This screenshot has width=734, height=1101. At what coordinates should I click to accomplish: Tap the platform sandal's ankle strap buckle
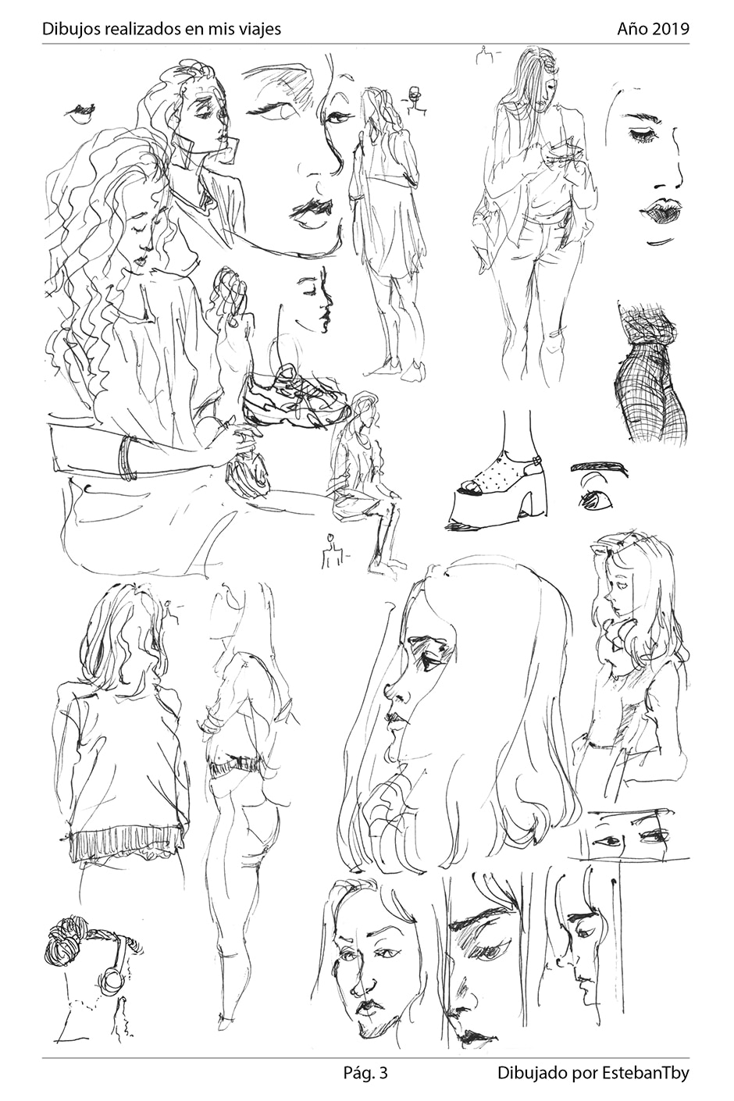tap(538, 461)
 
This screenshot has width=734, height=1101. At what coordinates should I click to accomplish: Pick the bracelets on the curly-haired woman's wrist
tap(127, 457)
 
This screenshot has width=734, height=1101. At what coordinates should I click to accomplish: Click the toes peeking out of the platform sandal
tap(468, 487)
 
